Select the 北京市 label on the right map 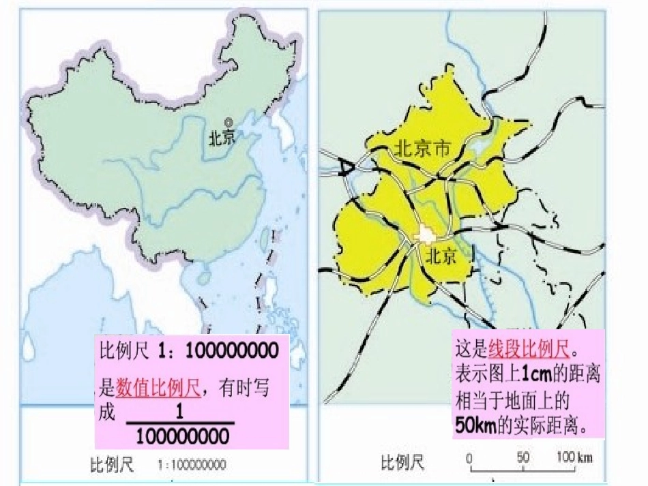click(423, 148)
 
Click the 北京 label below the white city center click(440, 256)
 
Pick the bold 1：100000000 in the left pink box click(218, 352)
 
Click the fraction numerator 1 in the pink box click(179, 412)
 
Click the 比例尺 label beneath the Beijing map click(402, 463)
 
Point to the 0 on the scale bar click(469, 457)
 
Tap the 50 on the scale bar click(523, 457)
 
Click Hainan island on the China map click(203, 277)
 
